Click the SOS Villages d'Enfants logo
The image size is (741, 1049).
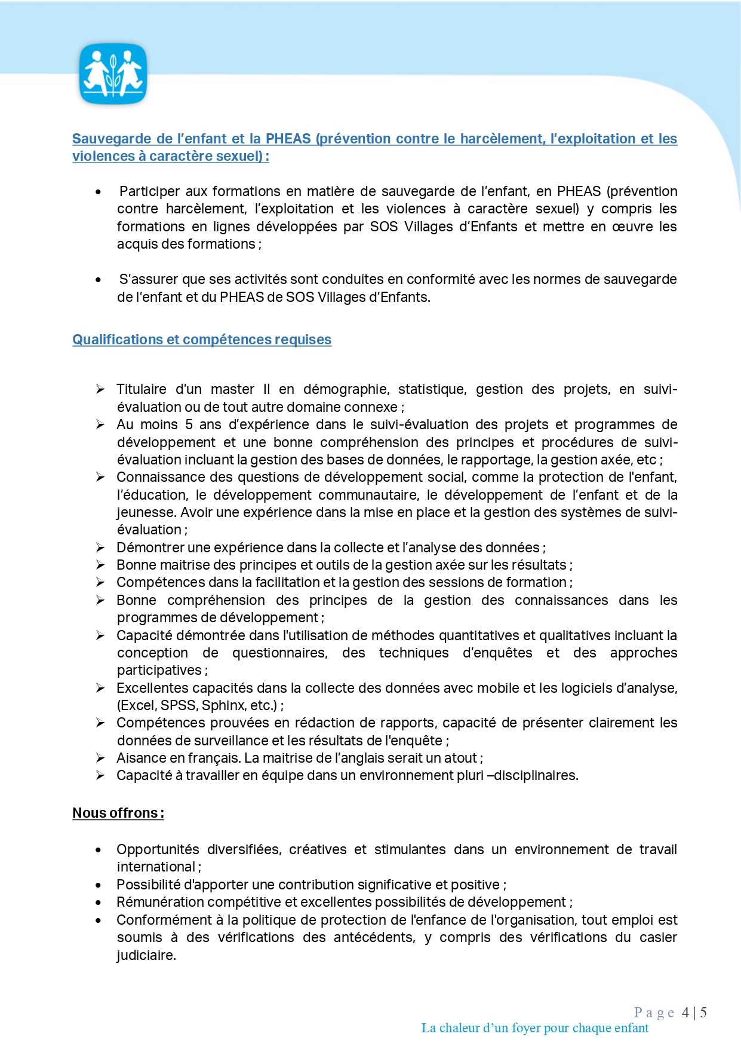click(113, 74)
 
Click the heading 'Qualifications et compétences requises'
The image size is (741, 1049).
click(202, 340)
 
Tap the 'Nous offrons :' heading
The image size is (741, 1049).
click(118, 813)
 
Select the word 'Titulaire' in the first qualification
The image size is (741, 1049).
click(142, 389)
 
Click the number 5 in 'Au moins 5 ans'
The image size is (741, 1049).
click(189, 424)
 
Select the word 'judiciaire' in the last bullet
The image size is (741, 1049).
click(146, 955)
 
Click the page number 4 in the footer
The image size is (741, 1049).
click(685, 1013)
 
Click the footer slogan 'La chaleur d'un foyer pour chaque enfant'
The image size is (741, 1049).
click(534, 1028)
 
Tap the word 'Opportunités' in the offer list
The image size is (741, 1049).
click(158, 849)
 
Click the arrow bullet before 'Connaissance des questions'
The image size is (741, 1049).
click(100, 477)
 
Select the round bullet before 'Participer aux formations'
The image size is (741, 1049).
click(98, 192)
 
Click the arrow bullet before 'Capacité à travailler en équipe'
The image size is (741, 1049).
click(100, 775)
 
